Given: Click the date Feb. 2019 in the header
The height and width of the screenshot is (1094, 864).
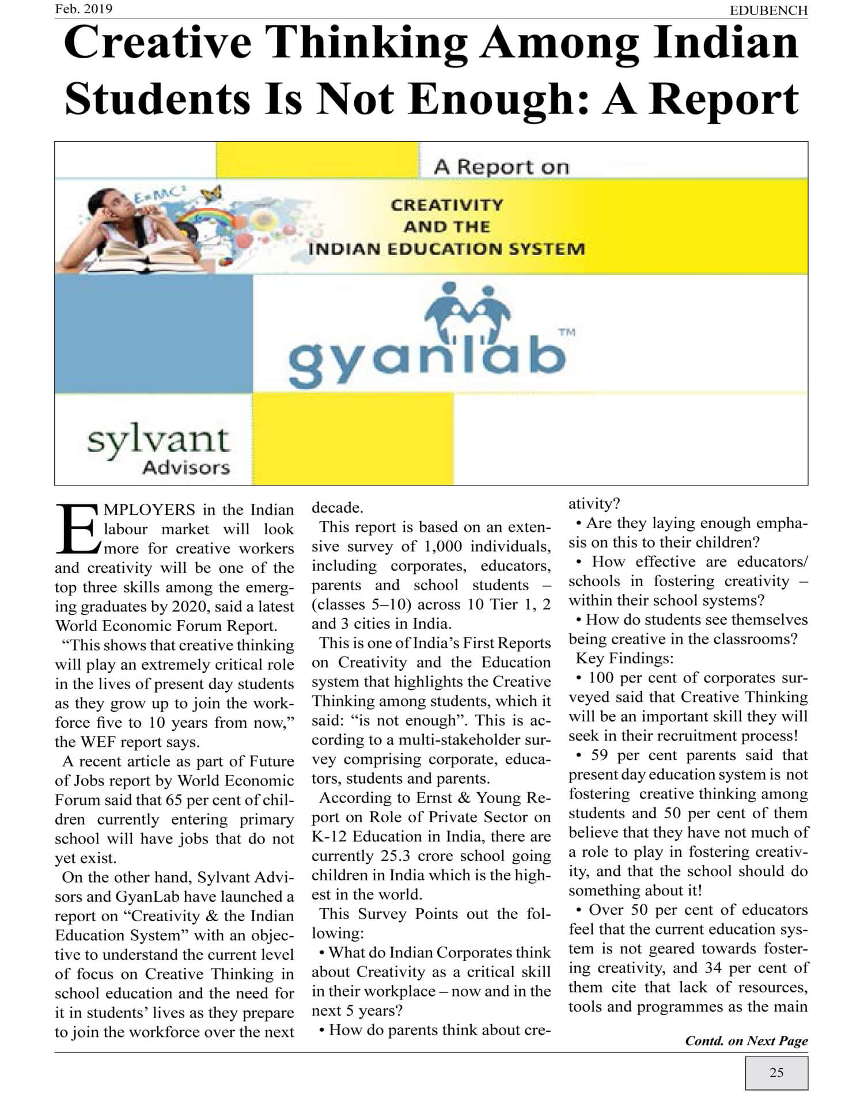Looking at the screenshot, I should coord(84,9).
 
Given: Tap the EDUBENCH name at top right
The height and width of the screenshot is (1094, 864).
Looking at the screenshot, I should coord(768,10).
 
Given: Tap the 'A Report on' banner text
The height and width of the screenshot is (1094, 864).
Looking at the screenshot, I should coord(501,167).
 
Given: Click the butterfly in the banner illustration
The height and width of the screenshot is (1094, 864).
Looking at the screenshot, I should coord(211,192).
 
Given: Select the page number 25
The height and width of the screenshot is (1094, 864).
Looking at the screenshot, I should coord(776,1073).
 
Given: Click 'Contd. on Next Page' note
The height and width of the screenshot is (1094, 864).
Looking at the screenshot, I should coord(746,1041).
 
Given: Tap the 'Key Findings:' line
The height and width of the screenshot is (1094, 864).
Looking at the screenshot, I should coord(624,658).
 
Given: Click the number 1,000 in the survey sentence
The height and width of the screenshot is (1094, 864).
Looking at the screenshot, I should coord(446,546).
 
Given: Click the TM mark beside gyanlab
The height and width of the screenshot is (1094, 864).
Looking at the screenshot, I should coord(567,332).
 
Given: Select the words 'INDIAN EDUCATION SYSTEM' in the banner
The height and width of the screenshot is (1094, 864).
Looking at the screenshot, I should coord(446,249).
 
